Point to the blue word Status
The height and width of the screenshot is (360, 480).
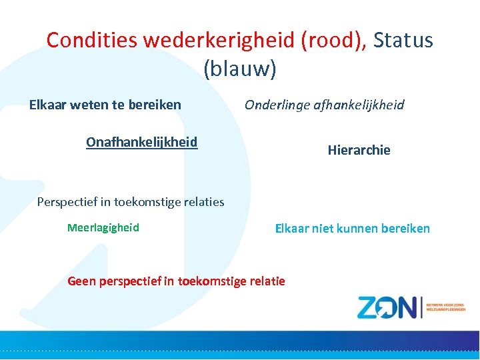(403, 40)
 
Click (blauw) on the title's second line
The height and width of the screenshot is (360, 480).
(239, 68)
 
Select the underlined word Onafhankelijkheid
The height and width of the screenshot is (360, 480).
(141, 142)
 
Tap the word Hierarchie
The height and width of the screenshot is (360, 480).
(359, 150)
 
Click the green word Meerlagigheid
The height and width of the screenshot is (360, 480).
(103, 227)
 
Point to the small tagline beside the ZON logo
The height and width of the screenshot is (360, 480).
(445, 307)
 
